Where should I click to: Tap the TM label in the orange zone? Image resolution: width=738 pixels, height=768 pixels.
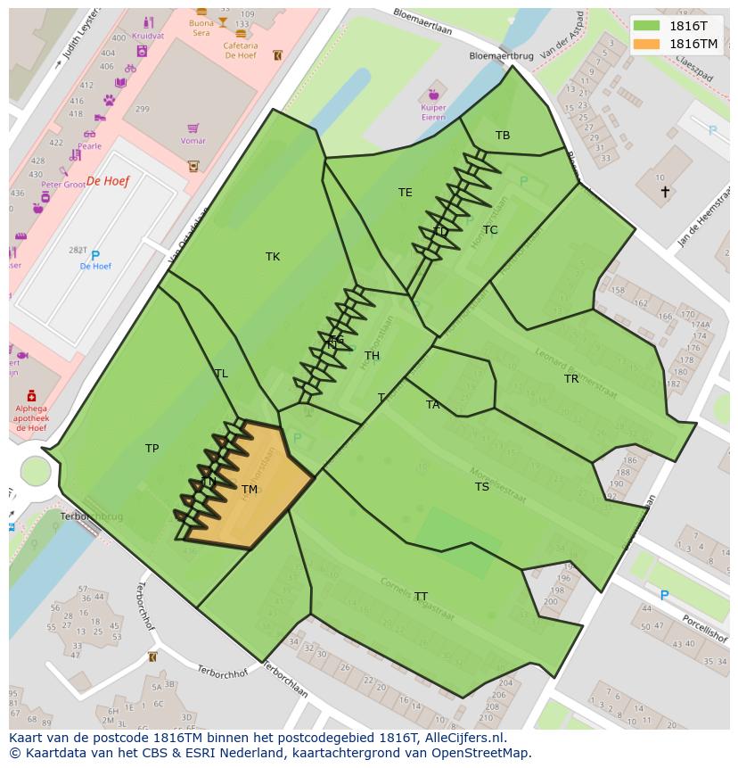(250, 490)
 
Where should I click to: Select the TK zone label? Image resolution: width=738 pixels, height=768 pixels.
(273, 257)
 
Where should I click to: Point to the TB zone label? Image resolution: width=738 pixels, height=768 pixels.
(503, 136)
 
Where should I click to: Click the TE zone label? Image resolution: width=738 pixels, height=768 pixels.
(406, 193)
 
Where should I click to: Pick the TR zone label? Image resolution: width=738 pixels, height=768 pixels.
(571, 379)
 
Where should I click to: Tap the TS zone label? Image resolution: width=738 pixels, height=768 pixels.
(482, 487)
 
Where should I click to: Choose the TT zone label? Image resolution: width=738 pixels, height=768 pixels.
(421, 597)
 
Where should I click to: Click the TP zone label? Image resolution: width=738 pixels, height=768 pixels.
(152, 449)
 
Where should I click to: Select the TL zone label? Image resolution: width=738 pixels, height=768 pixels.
(221, 374)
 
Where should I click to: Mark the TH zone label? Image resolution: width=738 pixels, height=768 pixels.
(372, 356)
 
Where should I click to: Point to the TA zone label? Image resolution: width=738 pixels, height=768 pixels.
(433, 405)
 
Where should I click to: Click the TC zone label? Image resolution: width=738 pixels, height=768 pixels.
(490, 230)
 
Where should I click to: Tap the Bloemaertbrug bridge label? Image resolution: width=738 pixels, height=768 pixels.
(501, 55)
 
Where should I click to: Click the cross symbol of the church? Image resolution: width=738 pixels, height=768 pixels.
(664, 192)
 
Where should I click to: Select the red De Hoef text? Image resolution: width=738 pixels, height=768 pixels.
(108, 181)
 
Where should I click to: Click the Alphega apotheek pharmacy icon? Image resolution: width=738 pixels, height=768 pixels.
(31, 395)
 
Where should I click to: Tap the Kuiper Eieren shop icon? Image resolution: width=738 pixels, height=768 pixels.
(434, 94)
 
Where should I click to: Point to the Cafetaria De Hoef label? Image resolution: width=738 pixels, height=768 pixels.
(241, 50)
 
